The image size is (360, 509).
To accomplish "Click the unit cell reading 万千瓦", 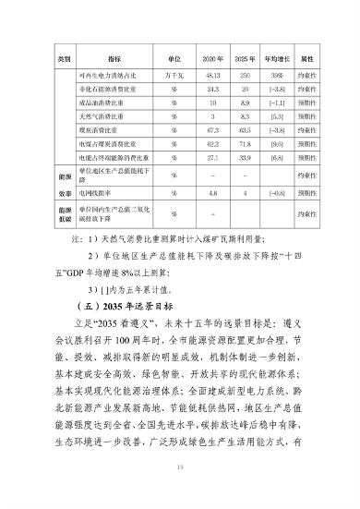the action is [x=174, y=73].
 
